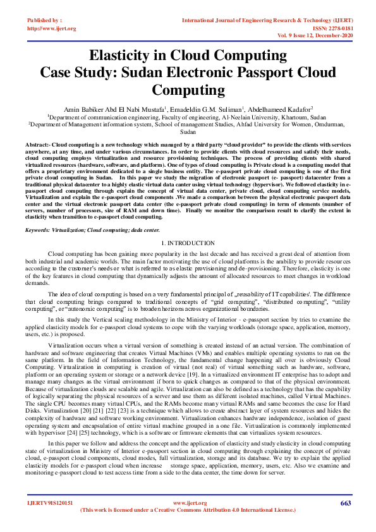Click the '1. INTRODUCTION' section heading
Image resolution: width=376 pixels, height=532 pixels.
[x=188, y=243]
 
